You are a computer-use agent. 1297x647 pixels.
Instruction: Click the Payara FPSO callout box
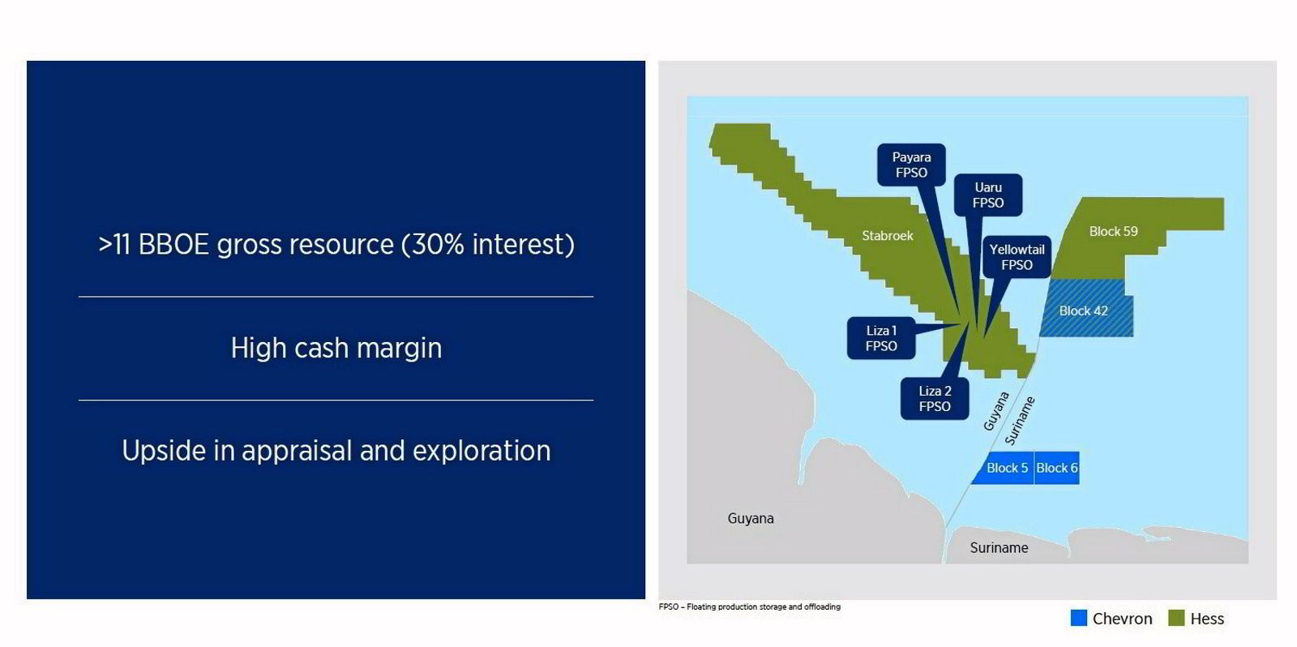click(911, 165)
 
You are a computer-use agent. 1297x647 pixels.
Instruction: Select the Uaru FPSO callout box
click(987, 195)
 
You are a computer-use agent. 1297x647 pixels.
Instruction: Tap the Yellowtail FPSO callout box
click(1017, 257)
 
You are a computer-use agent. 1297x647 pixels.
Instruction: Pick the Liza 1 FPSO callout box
click(881, 338)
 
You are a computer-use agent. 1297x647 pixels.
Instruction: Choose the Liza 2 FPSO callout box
click(935, 398)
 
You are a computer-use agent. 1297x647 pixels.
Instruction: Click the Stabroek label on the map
click(887, 236)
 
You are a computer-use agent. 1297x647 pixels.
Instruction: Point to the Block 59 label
click(1113, 231)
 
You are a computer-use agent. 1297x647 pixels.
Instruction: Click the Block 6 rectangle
click(1057, 468)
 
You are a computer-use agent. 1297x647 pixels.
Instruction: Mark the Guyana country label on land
click(750, 518)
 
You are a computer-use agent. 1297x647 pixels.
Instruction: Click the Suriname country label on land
click(999, 547)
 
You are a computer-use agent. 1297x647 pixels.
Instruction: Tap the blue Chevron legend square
click(1078, 618)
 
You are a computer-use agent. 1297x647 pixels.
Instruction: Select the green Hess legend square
click(1176, 618)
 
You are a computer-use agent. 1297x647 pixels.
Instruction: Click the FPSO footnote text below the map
click(749, 606)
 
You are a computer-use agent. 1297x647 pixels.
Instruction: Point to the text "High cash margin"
click(336, 348)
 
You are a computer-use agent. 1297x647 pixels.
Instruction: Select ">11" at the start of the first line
click(114, 244)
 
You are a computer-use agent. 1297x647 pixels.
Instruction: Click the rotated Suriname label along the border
click(1020, 421)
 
